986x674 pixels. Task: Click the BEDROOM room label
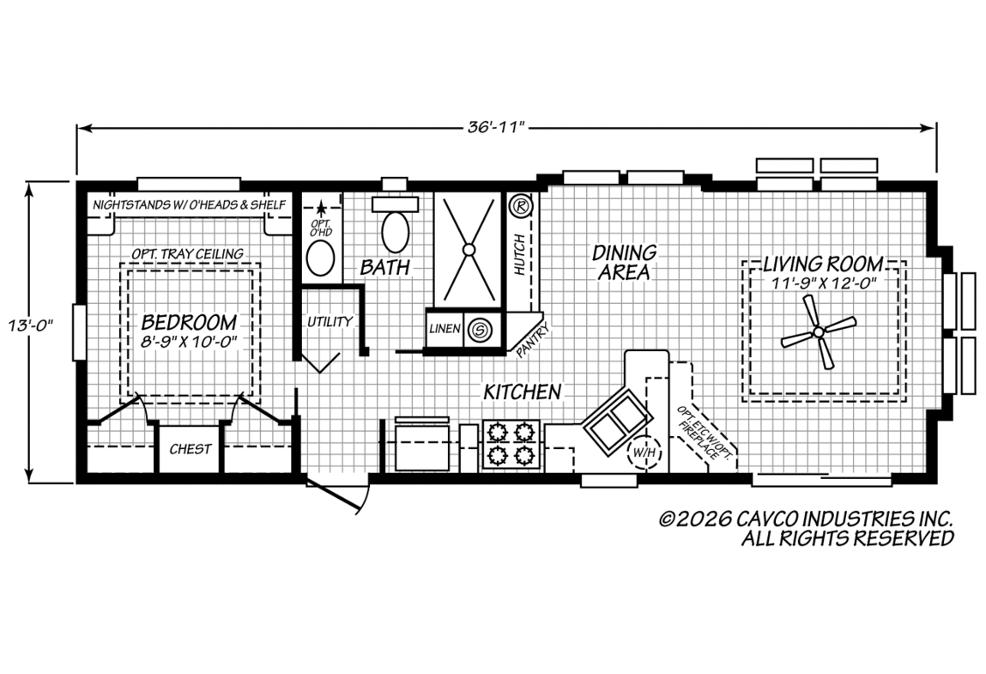[x=189, y=322]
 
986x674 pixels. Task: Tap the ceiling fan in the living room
[x=818, y=331]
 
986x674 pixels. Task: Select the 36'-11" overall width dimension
[x=496, y=128]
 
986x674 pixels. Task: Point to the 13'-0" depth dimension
[x=30, y=326]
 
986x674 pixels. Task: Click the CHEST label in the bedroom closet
[x=190, y=449]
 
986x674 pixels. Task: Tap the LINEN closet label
[x=445, y=329]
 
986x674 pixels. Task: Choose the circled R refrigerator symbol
[x=520, y=205]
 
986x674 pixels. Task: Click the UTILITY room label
[x=330, y=322]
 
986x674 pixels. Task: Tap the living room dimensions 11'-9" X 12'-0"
[x=824, y=283]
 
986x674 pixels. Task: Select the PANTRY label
[x=533, y=341]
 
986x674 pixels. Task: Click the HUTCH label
[x=519, y=255]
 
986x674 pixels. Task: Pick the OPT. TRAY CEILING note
[x=187, y=253]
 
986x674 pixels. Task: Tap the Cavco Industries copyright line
[x=806, y=519]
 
